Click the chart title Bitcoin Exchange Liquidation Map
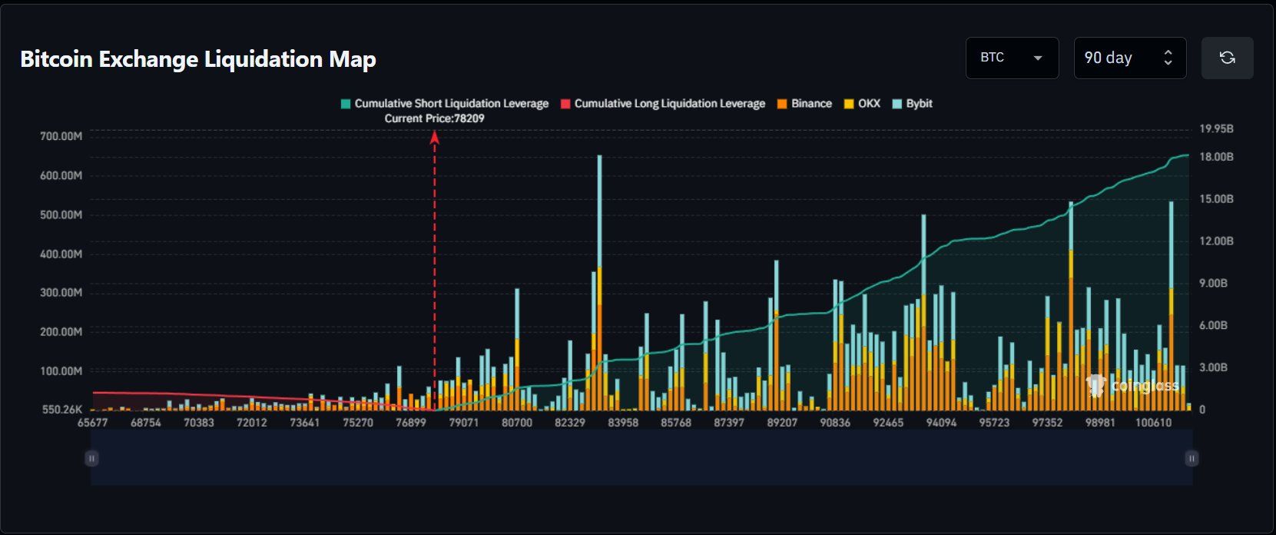tap(198, 59)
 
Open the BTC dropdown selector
tap(1011, 58)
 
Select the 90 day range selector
tap(1129, 58)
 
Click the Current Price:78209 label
tap(434, 118)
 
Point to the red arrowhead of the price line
tap(434, 138)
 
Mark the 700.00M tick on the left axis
tap(61, 136)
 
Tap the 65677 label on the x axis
tap(93, 423)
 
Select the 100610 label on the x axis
tap(1153, 423)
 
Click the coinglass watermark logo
tap(1132, 386)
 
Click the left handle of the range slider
tap(91, 458)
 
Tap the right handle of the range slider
tap(1191, 458)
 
